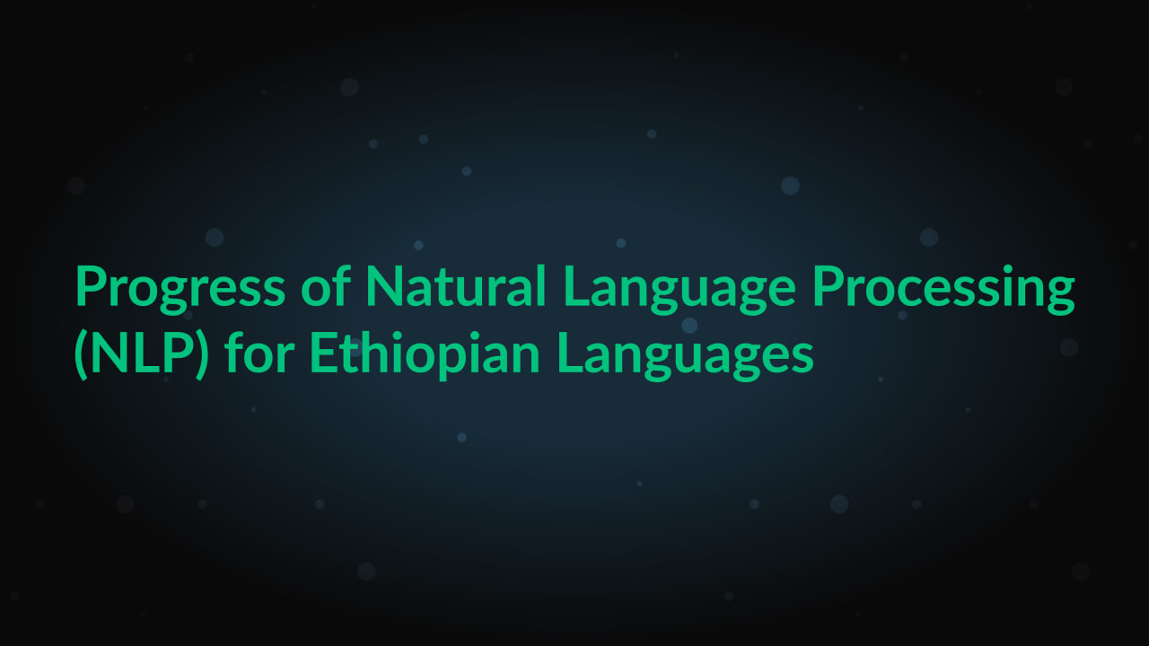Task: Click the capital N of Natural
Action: coord(384,287)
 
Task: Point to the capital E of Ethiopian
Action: coord(323,354)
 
